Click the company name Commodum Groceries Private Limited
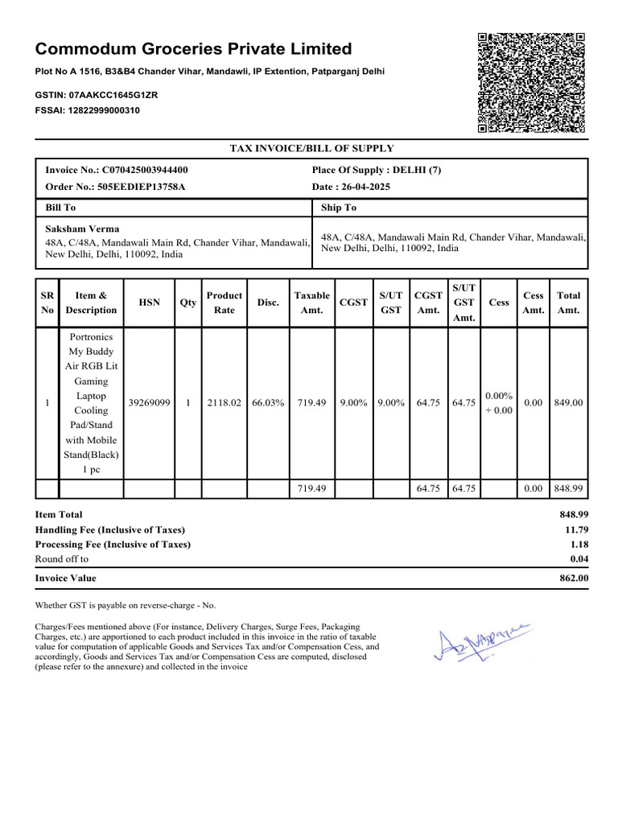pos(193,49)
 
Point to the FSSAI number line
pos(87,110)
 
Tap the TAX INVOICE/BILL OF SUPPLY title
pos(311,148)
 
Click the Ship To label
pos(338,208)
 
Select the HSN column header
pos(149,303)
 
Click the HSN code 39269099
pos(149,403)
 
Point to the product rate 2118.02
pos(225,403)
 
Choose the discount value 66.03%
pos(268,403)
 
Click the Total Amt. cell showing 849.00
pos(568,403)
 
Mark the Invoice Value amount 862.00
pos(574,578)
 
